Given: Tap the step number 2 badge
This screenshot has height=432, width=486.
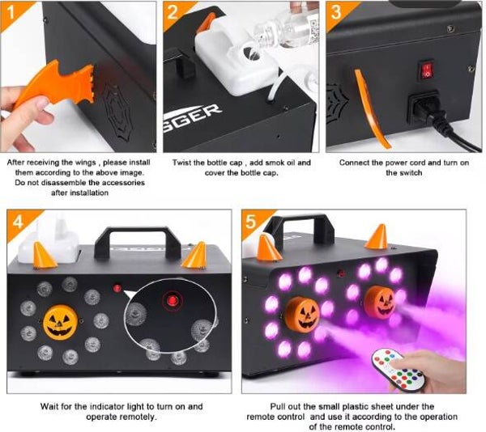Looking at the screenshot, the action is point(174,13).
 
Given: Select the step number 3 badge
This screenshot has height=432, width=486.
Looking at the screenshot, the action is point(337,13).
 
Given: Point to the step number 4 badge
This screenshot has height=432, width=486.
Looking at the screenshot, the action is point(19,222).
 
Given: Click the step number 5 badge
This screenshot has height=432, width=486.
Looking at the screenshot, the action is point(252,222).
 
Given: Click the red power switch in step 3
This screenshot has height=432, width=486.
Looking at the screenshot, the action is point(427,70).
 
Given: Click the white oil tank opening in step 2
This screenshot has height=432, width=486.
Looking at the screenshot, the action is point(252,53).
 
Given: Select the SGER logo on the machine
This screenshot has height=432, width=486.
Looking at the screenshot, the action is point(191,118).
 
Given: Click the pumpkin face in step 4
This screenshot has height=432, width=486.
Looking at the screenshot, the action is point(60,323).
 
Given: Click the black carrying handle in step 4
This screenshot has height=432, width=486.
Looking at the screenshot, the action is point(138,243).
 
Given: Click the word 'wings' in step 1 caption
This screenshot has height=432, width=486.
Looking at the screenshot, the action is point(85,163).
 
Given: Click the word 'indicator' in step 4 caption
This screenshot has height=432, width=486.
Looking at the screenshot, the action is point(117,406).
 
